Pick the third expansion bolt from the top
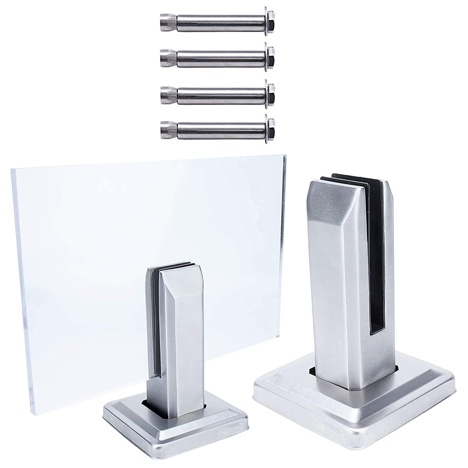click(216, 92)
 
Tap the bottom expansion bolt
click(216, 126)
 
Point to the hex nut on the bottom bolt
click(271, 126)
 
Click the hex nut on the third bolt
click(271, 92)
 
